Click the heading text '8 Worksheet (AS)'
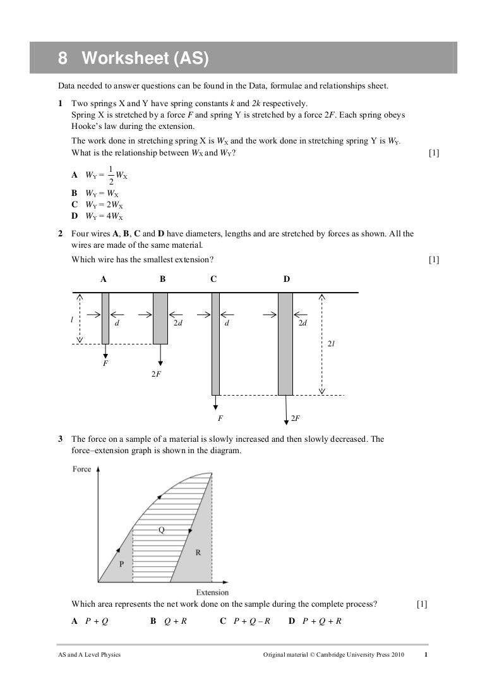(x=133, y=59)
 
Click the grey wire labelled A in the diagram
(x=105, y=318)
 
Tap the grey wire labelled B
(x=160, y=318)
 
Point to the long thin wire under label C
(x=215, y=343)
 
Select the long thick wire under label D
(x=285, y=343)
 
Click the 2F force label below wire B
(x=155, y=374)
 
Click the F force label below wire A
(x=105, y=364)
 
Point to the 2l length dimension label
(x=331, y=343)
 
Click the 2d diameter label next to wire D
(x=302, y=323)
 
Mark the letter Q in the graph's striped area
(x=161, y=530)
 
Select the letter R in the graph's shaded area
(x=198, y=551)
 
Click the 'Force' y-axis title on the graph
(x=82, y=469)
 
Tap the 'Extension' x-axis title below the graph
(x=212, y=592)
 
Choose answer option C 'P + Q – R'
(x=245, y=621)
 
